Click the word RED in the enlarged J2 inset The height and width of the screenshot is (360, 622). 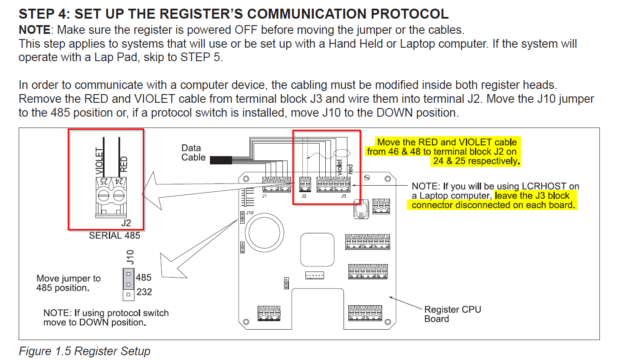[x=124, y=164]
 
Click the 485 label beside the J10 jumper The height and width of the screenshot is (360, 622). [x=144, y=277]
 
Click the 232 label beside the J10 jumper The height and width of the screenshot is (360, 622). [x=144, y=292]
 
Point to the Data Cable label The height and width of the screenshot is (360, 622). [x=193, y=153]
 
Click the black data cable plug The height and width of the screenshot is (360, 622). [x=220, y=160]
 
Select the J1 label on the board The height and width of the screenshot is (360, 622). [x=264, y=196]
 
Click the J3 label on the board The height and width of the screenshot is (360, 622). [x=344, y=196]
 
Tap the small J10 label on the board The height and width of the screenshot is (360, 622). [x=250, y=213]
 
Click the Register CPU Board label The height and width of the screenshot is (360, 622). [x=452, y=314]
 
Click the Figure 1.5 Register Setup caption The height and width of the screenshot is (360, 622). [x=85, y=351]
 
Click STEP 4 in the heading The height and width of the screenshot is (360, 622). [x=43, y=13]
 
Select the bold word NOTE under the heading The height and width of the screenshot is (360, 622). [x=36, y=30]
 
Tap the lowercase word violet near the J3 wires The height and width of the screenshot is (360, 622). [x=339, y=167]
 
